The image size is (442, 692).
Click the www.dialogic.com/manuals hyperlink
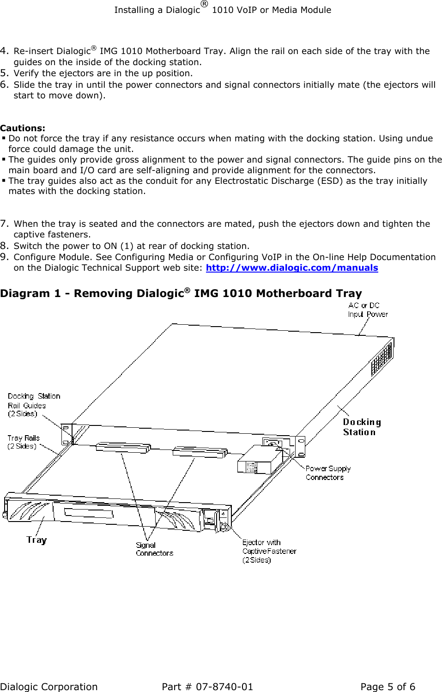pyautogui.click(x=291, y=268)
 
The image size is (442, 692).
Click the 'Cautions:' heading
pyautogui.click(x=23, y=128)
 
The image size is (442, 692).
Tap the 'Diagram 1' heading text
pyautogui.click(x=181, y=294)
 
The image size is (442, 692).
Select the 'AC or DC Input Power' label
pyautogui.click(x=367, y=310)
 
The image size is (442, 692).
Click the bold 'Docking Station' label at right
pyautogui.click(x=361, y=427)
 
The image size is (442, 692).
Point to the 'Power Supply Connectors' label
pyautogui.click(x=327, y=473)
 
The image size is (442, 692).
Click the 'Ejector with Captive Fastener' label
pyautogui.click(x=268, y=551)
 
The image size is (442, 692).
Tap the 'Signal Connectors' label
pyautogui.click(x=154, y=549)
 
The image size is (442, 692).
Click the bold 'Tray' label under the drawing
pyautogui.click(x=36, y=540)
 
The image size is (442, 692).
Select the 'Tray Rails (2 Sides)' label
pyautogui.click(x=24, y=442)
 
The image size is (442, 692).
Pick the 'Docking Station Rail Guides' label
pyautogui.click(x=33, y=405)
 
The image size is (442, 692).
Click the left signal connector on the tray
pyautogui.click(x=123, y=448)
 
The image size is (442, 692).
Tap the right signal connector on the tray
pyautogui.click(x=200, y=451)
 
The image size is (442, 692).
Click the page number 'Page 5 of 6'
pyautogui.click(x=388, y=687)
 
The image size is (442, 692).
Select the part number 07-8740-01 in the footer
pyautogui.click(x=224, y=687)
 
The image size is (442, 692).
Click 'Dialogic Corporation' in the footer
pyautogui.click(x=48, y=687)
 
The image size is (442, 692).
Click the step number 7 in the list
pyautogui.click(x=4, y=224)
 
